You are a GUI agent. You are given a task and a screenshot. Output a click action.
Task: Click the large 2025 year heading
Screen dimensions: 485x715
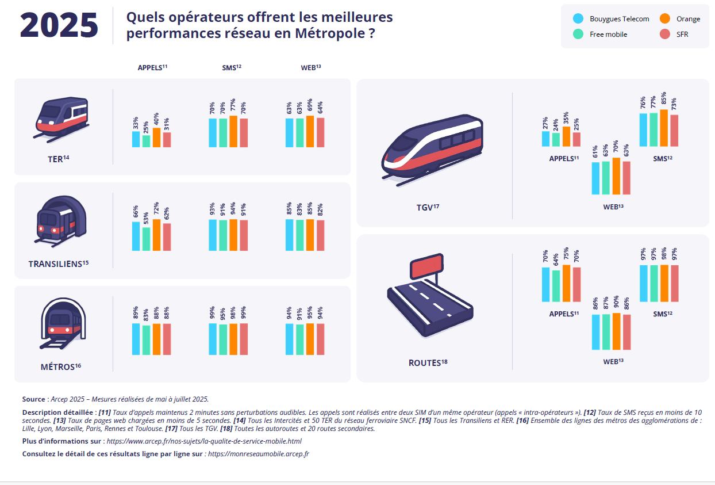59,25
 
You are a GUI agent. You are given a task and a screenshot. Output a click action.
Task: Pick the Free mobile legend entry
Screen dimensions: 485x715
608,35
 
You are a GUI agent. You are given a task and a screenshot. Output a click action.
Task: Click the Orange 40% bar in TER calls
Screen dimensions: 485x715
156,138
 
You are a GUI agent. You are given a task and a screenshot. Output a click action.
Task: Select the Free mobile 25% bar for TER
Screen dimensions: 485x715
146,142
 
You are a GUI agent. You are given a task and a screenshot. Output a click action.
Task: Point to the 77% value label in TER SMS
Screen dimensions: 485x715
233,106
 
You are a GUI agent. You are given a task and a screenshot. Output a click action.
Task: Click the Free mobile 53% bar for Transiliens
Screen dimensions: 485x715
146,239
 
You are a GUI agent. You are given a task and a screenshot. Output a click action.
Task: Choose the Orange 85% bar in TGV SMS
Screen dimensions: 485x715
664,128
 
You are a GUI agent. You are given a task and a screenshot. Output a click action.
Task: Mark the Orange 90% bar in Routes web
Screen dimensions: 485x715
616,331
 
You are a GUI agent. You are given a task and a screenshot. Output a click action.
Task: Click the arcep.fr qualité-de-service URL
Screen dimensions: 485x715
203,441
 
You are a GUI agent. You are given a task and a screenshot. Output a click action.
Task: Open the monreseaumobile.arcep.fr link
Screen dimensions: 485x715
259,454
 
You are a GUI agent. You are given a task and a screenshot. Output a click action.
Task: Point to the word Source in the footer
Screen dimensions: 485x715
33,399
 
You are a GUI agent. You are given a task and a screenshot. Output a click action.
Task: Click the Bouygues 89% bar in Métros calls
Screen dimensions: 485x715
136,339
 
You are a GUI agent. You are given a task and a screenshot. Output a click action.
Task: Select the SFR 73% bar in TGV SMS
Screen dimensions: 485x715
674,131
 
